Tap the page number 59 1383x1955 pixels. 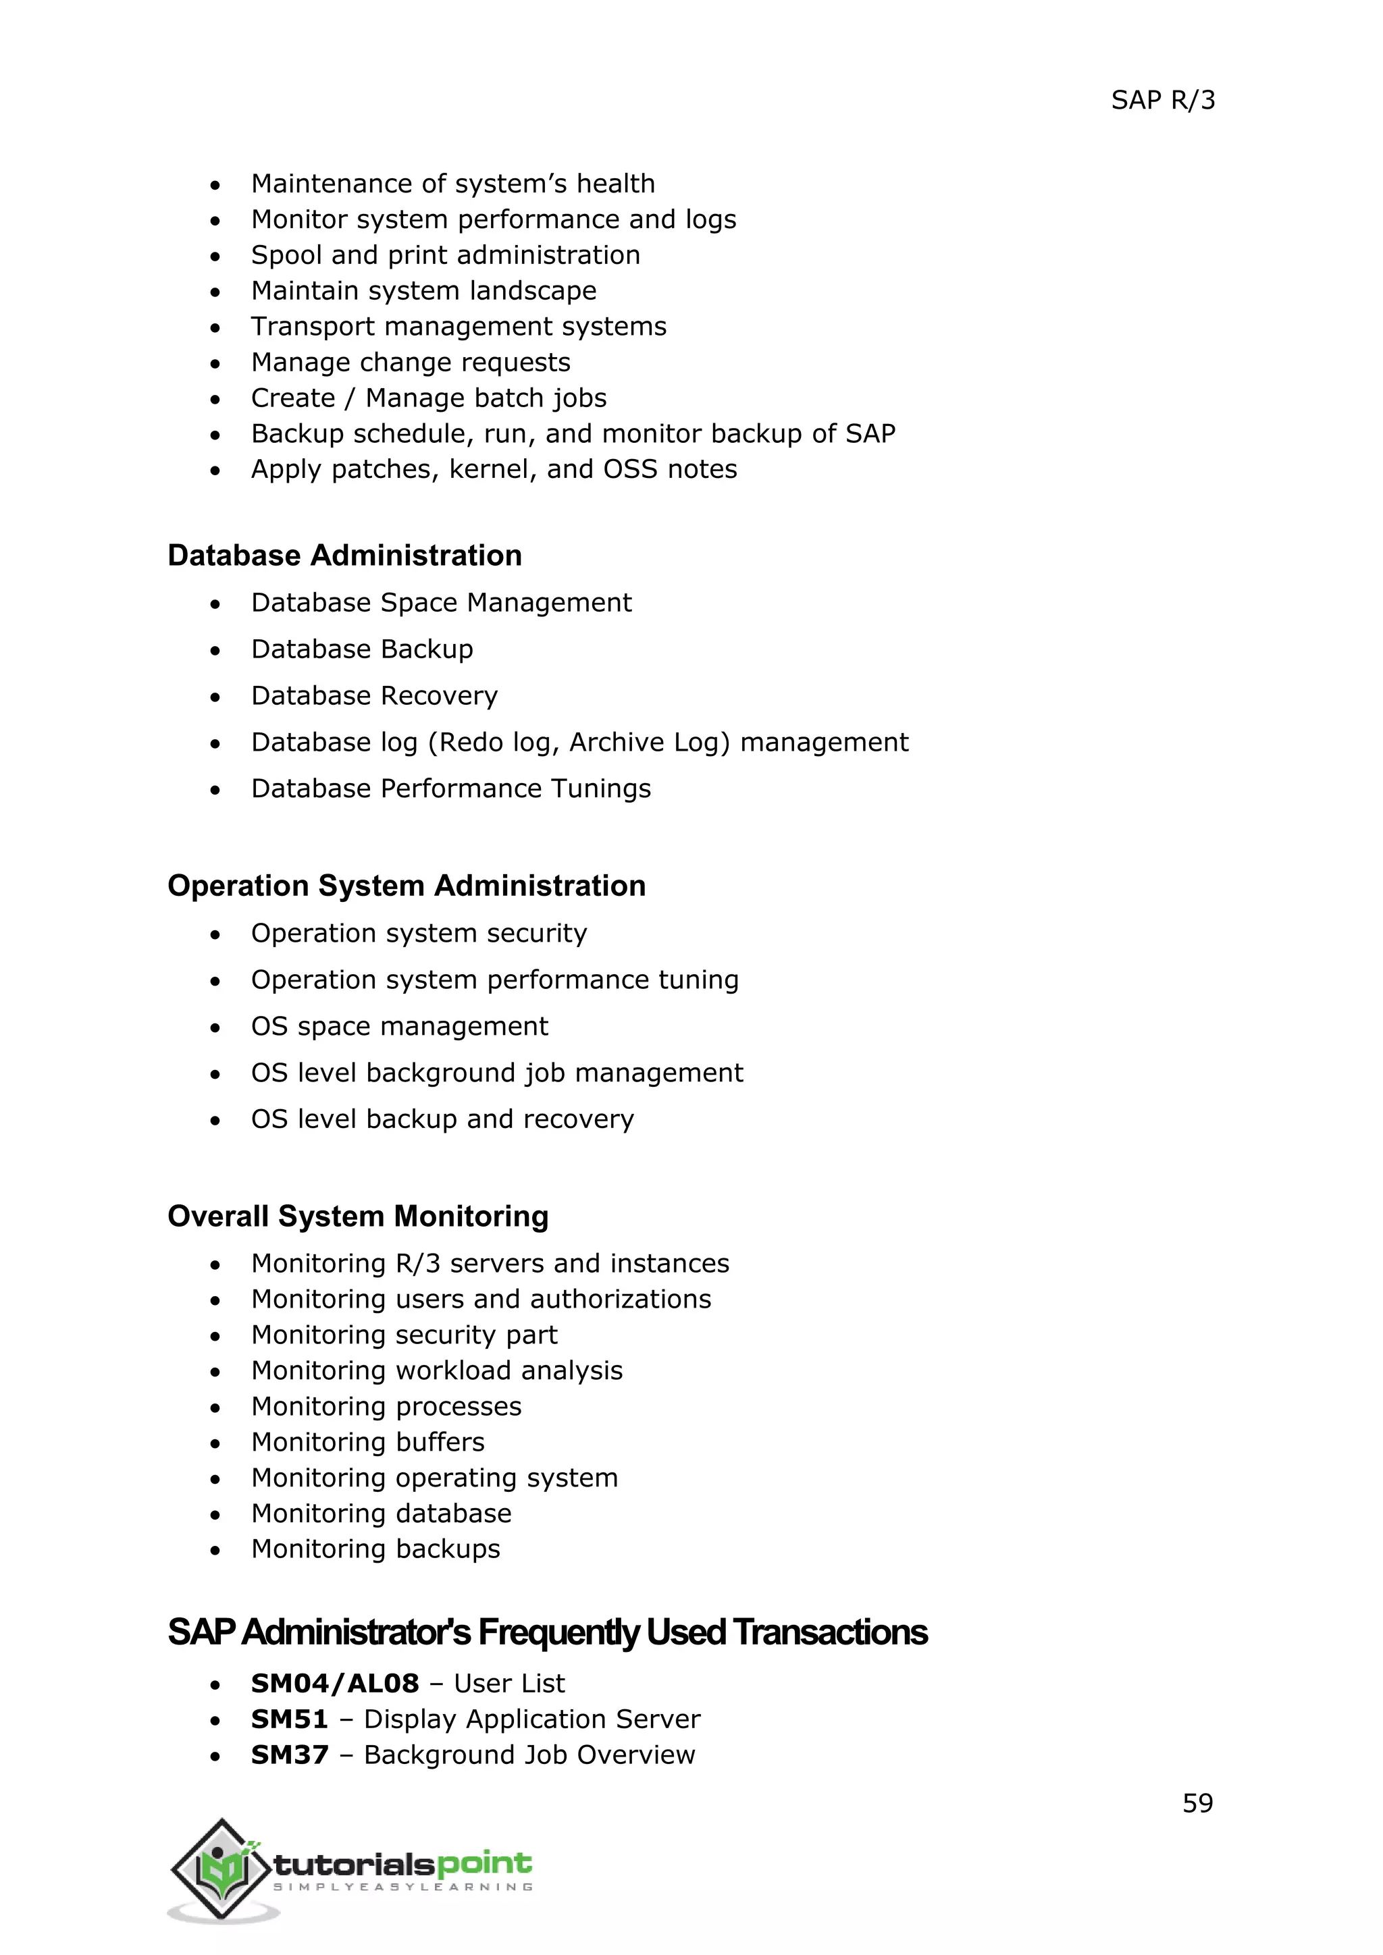[1197, 1802]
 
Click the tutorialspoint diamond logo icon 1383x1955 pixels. [222, 1868]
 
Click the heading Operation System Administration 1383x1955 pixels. [407, 886]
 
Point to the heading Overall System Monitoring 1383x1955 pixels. [358, 1216]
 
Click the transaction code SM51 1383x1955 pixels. [289, 1719]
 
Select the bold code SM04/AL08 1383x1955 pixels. [335, 1684]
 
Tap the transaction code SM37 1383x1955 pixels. [289, 1755]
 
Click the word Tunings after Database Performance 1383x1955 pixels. [600, 788]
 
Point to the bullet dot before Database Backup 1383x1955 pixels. [215, 651]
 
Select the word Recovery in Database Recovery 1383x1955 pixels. [440, 696]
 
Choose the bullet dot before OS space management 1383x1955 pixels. [215, 1027]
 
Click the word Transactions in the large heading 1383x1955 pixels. [829, 1632]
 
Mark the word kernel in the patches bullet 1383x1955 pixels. [489, 469]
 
